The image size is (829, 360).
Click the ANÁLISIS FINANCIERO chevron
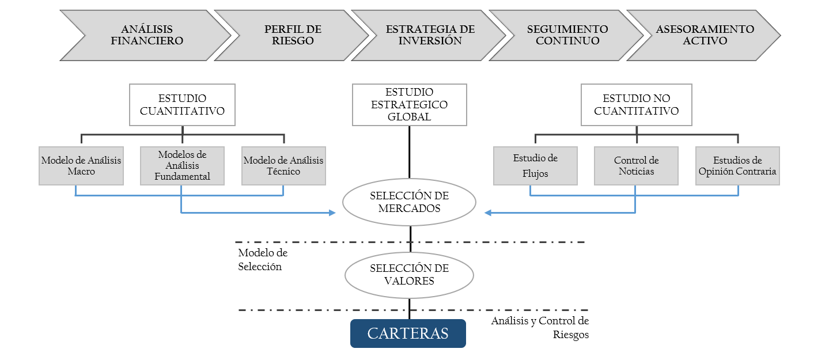pos(147,35)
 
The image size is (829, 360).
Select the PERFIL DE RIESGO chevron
pos(293,35)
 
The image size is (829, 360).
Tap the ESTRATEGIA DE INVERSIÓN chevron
pos(430,35)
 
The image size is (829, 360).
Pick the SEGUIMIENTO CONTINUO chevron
pos(567,35)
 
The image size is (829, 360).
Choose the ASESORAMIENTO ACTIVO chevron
pos(704,35)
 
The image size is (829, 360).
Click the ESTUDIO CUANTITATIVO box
pos(182,105)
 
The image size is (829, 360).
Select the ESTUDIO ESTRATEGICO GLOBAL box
pos(410,105)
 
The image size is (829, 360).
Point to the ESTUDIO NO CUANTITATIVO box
pos(637,105)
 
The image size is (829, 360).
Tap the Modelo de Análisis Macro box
pos(81,166)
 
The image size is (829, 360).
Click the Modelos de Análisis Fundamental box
pos(182,166)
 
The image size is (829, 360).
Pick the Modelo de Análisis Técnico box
pos(283,166)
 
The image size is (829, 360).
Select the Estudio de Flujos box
pos(535,166)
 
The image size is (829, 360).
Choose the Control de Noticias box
pos(637,166)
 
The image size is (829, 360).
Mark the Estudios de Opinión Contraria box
pos(737,166)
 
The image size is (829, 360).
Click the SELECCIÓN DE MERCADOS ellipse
pos(409,202)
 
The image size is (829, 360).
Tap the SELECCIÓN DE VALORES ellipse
pos(409,275)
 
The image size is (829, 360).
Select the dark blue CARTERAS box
pos(408,334)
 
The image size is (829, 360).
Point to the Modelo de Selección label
pos(263,260)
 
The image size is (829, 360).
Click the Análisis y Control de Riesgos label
pos(540,328)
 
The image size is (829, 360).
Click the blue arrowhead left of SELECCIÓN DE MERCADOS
pos(332,213)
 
